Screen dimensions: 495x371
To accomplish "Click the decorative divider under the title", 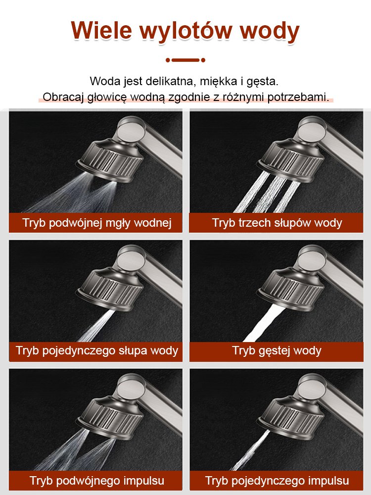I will click(185, 60).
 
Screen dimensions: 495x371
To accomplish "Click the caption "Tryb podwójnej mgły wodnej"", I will click(96, 223).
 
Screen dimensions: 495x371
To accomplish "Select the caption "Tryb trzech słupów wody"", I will click(277, 223).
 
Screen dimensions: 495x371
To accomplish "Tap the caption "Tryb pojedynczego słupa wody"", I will click(96, 351).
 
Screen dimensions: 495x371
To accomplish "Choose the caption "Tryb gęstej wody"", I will click(277, 351).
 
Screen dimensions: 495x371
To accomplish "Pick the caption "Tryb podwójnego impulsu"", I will click(96, 480).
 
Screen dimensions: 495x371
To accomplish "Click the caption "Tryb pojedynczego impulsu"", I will click(277, 480).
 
